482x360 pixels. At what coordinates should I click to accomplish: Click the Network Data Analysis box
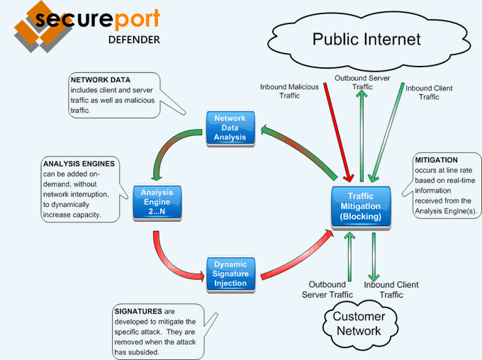click(x=230, y=127)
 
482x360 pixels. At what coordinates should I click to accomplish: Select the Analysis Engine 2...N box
click(x=157, y=202)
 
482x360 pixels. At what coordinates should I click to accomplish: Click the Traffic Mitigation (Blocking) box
click(x=361, y=206)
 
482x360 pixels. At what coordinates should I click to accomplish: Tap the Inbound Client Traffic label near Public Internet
click(x=429, y=92)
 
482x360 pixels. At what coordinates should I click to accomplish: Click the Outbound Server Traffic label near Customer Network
click(x=327, y=289)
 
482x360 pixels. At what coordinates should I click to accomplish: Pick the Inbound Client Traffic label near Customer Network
click(x=391, y=289)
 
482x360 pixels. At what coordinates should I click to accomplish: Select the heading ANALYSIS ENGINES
click(x=79, y=164)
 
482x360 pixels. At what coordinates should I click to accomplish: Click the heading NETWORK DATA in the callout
click(x=100, y=80)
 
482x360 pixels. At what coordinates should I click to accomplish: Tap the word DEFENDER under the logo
click(x=134, y=39)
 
